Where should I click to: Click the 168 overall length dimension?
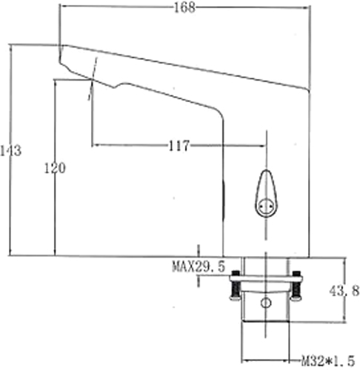184,7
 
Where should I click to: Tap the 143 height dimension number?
10,151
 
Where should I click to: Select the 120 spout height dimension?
55,168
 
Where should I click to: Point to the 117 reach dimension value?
179,146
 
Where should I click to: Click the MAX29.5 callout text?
199,266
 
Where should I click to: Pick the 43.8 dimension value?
344,291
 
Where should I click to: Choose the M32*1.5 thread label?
328,362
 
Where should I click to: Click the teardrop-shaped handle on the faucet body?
266,194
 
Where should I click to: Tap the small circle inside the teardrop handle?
266,206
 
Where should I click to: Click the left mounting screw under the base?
236,286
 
